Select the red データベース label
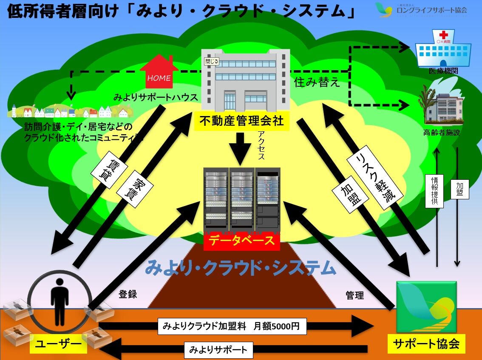[241, 241]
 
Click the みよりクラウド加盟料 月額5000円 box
[232, 326]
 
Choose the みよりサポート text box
[218, 350]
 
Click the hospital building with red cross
[443, 48]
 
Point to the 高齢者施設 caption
[442, 133]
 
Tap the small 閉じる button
[212, 61]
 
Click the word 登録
[128, 294]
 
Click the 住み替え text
[317, 82]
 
